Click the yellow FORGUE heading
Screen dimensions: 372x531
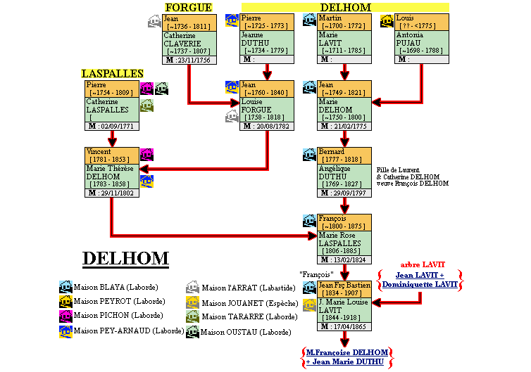[188, 7]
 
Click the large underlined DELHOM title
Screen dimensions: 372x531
[125, 258]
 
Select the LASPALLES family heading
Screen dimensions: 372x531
[112, 73]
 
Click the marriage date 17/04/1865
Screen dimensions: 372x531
[351, 326]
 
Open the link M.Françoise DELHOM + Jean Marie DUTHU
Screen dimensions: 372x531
[345, 357]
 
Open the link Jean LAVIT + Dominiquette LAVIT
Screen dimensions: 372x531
[419, 280]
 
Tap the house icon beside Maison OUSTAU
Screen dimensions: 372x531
[192, 331]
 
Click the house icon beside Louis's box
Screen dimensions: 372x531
[387, 20]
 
